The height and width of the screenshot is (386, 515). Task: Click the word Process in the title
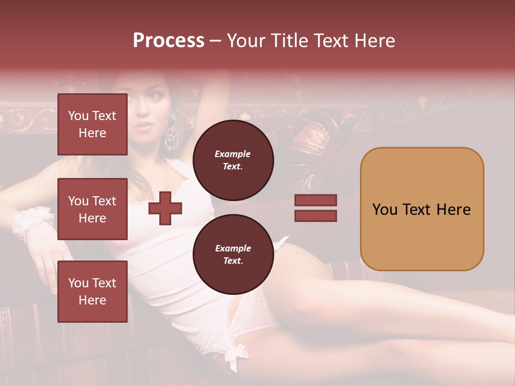[168, 41]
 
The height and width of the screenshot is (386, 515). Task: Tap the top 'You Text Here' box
[92, 124]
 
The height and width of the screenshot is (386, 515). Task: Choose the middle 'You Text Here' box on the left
[92, 209]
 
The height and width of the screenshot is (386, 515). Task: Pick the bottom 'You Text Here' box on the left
[92, 292]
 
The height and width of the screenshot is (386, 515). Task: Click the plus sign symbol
[165, 208]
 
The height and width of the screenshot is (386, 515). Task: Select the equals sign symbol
[316, 208]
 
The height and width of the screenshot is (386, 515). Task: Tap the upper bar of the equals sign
[316, 201]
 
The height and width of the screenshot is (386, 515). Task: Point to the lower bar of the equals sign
[316, 216]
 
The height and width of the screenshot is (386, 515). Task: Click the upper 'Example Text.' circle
[233, 160]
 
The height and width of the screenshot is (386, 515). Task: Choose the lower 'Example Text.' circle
[233, 254]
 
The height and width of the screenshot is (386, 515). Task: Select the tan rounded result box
[422, 209]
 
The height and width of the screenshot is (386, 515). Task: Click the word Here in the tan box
[453, 209]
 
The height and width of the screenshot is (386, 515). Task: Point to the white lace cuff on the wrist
[30, 221]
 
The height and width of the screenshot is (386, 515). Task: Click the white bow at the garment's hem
[237, 354]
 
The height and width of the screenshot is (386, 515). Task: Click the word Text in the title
[331, 41]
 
